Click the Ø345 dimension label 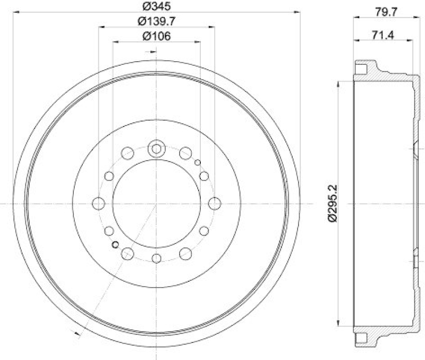coord(156,7)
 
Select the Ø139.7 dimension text coord(156,21)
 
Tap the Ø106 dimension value coord(156,36)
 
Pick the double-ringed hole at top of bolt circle coord(156,148)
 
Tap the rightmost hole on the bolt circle coord(214,203)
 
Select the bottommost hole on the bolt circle coord(156,258)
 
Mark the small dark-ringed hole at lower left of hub coord(115,245)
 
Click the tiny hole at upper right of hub coord(197,162)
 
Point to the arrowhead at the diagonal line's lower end coord(79,334)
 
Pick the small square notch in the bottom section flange coord(361,338)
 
